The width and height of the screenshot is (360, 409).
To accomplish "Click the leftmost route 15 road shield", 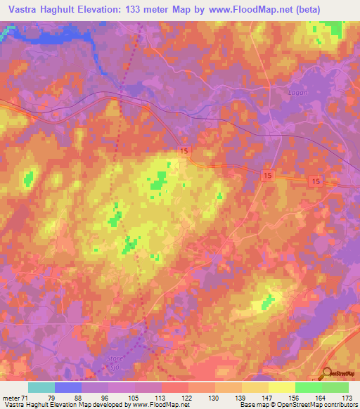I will pyautogui.click(x=184, y=152).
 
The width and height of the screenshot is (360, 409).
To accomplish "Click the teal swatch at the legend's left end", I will pyautogui.click(x=41, y=387).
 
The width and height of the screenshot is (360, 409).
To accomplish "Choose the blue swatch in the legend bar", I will pyautogui.click(x=68, y=387).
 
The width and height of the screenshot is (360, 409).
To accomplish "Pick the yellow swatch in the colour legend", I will pyautogui.click(x=281, y=387).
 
